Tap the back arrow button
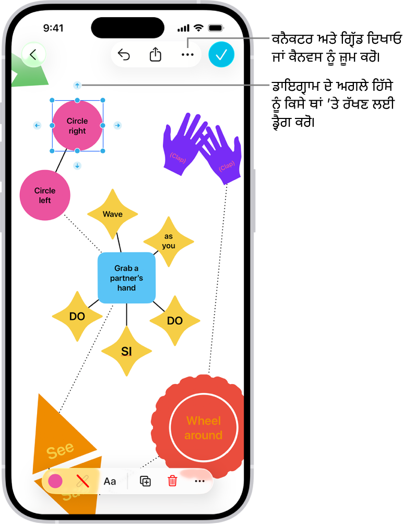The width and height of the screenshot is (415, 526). click(33, 55)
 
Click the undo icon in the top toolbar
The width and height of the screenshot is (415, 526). click(124, 55)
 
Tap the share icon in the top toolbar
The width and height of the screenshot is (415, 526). click(156, 55)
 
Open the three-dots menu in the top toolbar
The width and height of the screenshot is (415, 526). click(187, 55)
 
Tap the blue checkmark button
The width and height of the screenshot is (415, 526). click(221, 55)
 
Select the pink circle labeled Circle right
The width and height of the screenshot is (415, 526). click(77, 126)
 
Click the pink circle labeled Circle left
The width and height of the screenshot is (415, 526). click(45, 195)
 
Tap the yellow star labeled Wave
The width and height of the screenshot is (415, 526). click(112, 214)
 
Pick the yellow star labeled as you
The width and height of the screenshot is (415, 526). click(169, 241)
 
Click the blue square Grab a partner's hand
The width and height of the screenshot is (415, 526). click(126, 278)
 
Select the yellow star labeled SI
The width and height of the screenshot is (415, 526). click(126, 352)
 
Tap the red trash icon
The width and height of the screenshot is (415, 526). click(172, 481)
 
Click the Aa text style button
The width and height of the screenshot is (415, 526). click(110, 481)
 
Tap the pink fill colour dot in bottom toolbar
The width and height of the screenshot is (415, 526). click(55, 481)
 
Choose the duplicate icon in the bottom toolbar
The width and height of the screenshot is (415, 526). click(146, 481)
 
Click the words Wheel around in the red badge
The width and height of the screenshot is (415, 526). click(204, 428)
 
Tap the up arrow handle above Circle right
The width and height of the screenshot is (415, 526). click(77, 85)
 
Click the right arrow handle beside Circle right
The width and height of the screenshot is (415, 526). click(117, 125)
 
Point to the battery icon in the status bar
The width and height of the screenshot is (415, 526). click(215, 28)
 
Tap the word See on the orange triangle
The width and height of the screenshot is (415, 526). click(60, 450)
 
